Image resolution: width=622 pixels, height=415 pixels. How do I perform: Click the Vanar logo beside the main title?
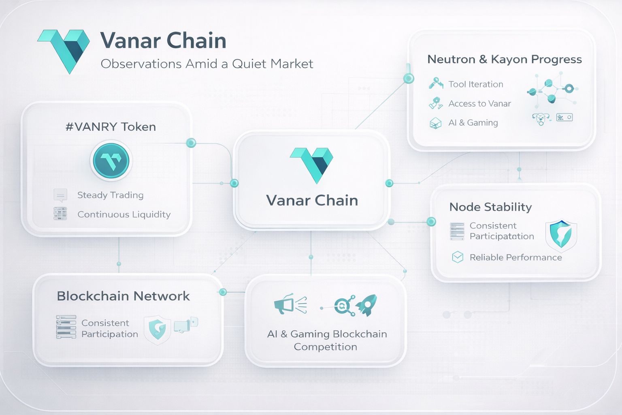(x=64, y=50)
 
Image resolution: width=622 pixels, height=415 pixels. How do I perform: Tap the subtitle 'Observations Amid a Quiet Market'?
(x=207, y=64)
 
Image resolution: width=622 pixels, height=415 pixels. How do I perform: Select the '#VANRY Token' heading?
(x=111, y=127)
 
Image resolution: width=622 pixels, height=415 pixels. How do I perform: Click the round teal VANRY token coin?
(x=111, y=161)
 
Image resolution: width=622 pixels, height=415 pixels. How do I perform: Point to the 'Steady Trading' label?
(x=110, y=195)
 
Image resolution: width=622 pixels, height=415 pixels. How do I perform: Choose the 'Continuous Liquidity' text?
(x=124, y=214)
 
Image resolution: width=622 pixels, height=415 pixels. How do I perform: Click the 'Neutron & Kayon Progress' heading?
(x=504, y=60)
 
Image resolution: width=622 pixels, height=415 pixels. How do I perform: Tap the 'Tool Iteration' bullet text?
(x=475, y=84)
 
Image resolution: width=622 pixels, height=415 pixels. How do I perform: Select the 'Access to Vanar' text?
(x=479, y=104)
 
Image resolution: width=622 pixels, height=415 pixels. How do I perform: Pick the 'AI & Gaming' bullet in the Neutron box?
(x=473, y=123)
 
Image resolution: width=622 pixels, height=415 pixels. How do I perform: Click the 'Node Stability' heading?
(x=490, y=207)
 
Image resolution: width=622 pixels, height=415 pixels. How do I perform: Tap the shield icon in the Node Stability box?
(x=561, y=234)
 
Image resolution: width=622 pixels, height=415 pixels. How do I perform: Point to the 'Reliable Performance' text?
(x=515, y=257)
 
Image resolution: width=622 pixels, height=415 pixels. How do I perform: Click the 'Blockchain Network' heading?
(x=123, y=296)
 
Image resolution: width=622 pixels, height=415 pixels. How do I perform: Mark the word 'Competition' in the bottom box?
(x=325, y=347)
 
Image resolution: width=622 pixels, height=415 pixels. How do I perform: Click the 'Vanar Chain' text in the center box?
(x=312, y=201)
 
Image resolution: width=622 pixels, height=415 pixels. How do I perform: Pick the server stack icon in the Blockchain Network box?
(x=66, y=327)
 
